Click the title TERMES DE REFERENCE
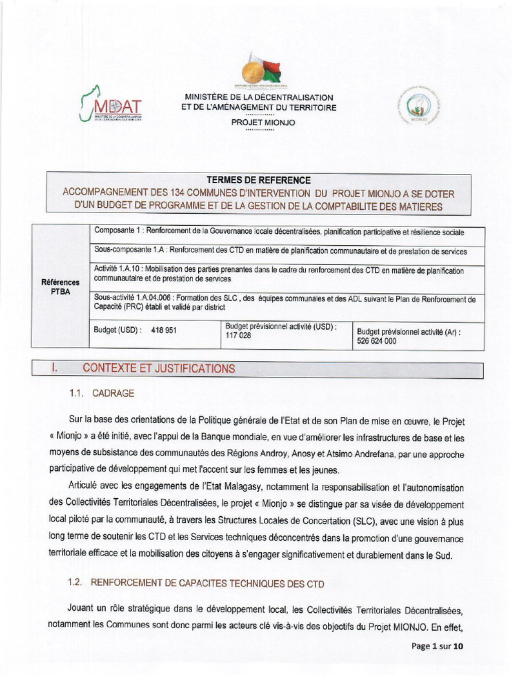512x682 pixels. coord(259,180)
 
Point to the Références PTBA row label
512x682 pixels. coord(60,286)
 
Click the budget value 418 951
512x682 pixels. coord(164,330)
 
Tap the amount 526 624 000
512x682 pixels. coord(377,340)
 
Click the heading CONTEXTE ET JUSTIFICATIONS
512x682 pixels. coord(159,368)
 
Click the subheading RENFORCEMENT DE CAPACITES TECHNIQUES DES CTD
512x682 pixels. coord(207,583)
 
